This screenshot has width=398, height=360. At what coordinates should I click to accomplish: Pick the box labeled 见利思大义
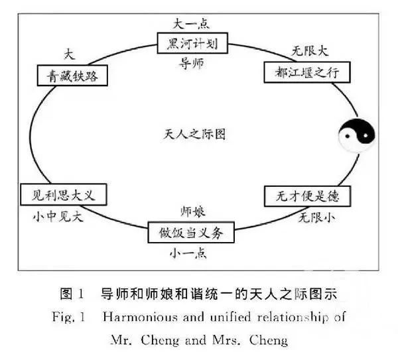coord(63,195)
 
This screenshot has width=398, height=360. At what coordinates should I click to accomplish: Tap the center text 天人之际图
coord(194,135)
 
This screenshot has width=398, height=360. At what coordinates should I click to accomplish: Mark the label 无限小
coord(312,217)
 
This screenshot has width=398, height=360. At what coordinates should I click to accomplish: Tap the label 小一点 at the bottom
coord(192,255)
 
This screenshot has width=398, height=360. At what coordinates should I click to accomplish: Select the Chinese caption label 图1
coord(70,293)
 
